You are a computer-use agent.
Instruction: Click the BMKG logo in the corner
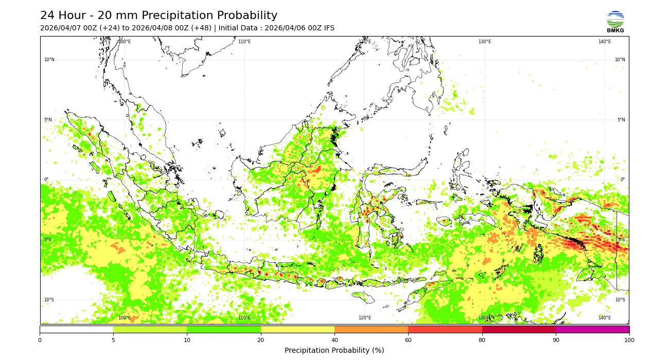[615, 22]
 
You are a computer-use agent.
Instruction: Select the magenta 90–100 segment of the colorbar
[592, 329]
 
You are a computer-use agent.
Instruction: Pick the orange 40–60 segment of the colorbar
[371, 329]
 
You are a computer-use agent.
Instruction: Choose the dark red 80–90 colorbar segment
[519, 329]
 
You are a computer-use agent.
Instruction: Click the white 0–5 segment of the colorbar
[76, 329]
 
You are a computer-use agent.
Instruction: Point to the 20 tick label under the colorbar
[261, 340]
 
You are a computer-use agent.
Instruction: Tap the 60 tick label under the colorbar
[408, 340]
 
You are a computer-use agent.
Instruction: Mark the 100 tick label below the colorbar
[629, 340]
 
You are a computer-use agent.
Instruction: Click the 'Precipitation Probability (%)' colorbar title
[334, 351]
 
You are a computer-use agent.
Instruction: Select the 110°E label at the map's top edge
[244, 42]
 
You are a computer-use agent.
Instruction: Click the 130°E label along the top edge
[485, 42]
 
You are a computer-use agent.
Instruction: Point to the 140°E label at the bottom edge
[605, 318]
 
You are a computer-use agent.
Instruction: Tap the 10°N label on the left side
[49, 60]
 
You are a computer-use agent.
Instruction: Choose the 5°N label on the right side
[621, 120]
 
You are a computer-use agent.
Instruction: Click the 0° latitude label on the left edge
[46, 179]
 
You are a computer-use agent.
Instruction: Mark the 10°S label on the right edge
[620, 300]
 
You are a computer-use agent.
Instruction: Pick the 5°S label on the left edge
[47, 240]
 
